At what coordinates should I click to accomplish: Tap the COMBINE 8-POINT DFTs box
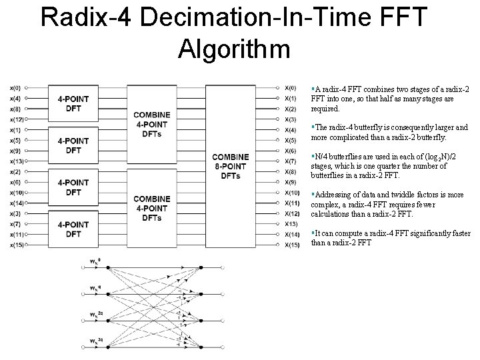pyautogui.click(x=231, y=166)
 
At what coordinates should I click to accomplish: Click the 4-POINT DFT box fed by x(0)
pyautogui.click(x=73, y=104)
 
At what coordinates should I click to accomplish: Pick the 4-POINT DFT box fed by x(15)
pyautogui.click(x=73, y=229)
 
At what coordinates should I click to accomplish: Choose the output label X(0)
pyautogui.click(x=290, y=87)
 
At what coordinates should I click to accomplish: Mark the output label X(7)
pyautogui.click(x=290, y=161)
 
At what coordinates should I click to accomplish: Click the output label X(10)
pyautogui.click(x=291, y=193)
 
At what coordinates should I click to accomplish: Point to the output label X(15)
pyautogui.click(x=291, y=245)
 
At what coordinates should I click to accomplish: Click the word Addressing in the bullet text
pyautogui.click(x=333, y=195)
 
